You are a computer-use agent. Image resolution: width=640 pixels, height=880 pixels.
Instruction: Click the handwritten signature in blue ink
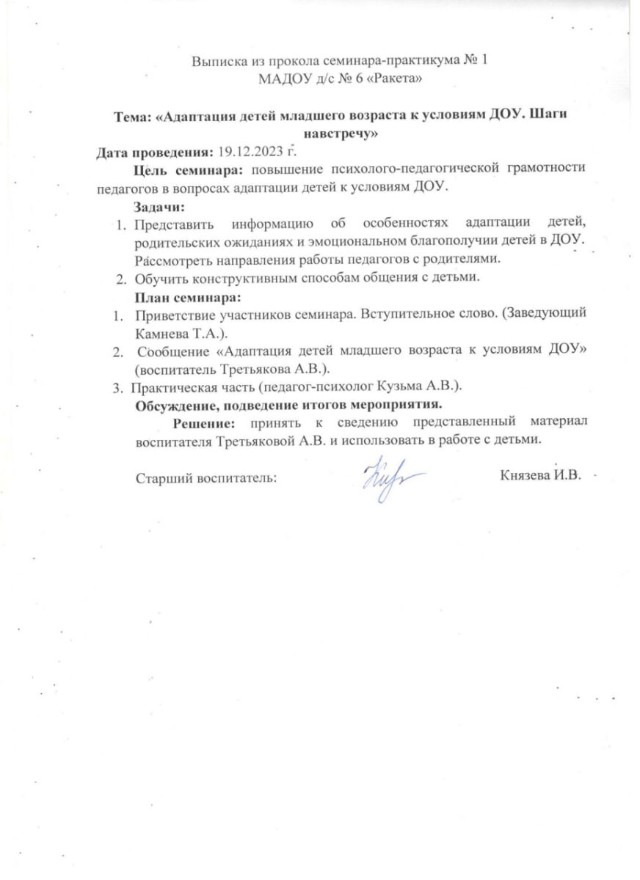tap(390, 477)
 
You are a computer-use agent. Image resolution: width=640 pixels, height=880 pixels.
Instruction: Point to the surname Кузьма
tap(408, 386)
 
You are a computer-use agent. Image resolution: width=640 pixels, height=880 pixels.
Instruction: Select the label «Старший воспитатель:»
tap(206, 477)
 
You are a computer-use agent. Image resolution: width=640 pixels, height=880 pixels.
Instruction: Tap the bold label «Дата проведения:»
tap(155, 153)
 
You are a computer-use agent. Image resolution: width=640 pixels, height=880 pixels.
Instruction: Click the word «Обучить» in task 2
tap(159, 278)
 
